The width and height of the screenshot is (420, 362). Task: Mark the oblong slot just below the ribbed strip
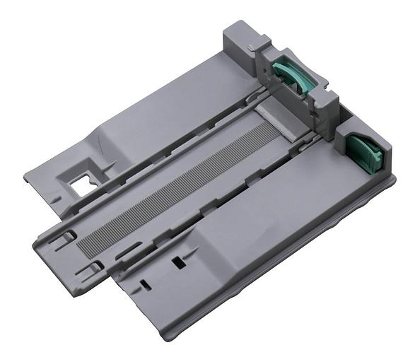[127, 250]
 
